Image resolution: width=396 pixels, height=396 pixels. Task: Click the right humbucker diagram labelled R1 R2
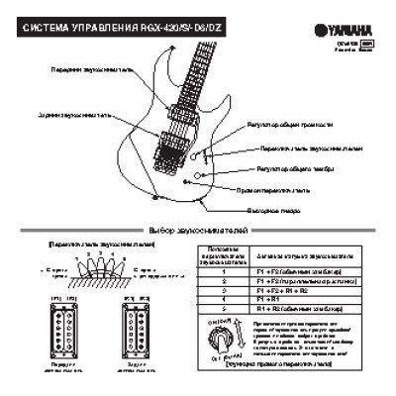[x=132, y=323]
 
